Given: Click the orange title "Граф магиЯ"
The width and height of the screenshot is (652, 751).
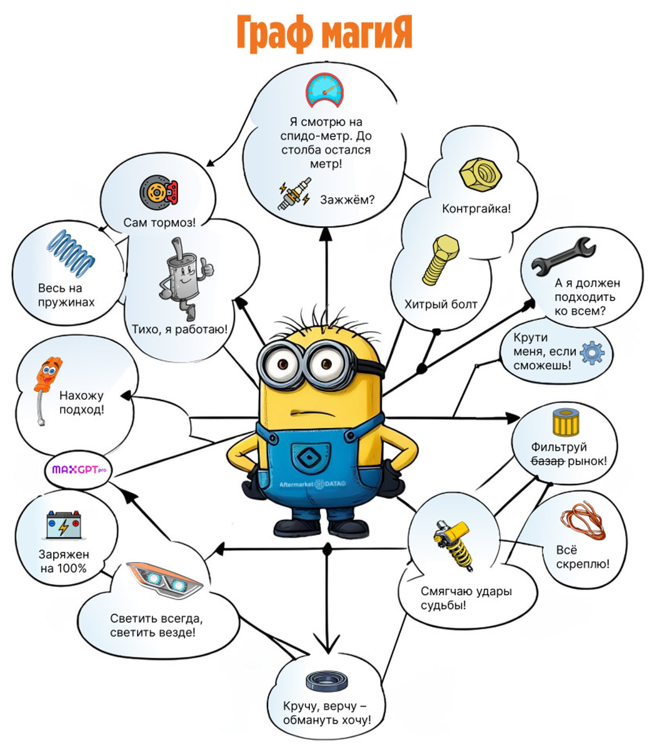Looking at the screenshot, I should pos(324,33).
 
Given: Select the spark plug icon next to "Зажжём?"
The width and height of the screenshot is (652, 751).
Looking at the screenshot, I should pos(293,195).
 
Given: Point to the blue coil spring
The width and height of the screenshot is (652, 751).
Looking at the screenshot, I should pos(73,253).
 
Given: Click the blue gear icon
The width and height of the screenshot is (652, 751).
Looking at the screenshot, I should pos(592,353).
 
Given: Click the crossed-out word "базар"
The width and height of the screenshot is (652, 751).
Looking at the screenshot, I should pos(548,461).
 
